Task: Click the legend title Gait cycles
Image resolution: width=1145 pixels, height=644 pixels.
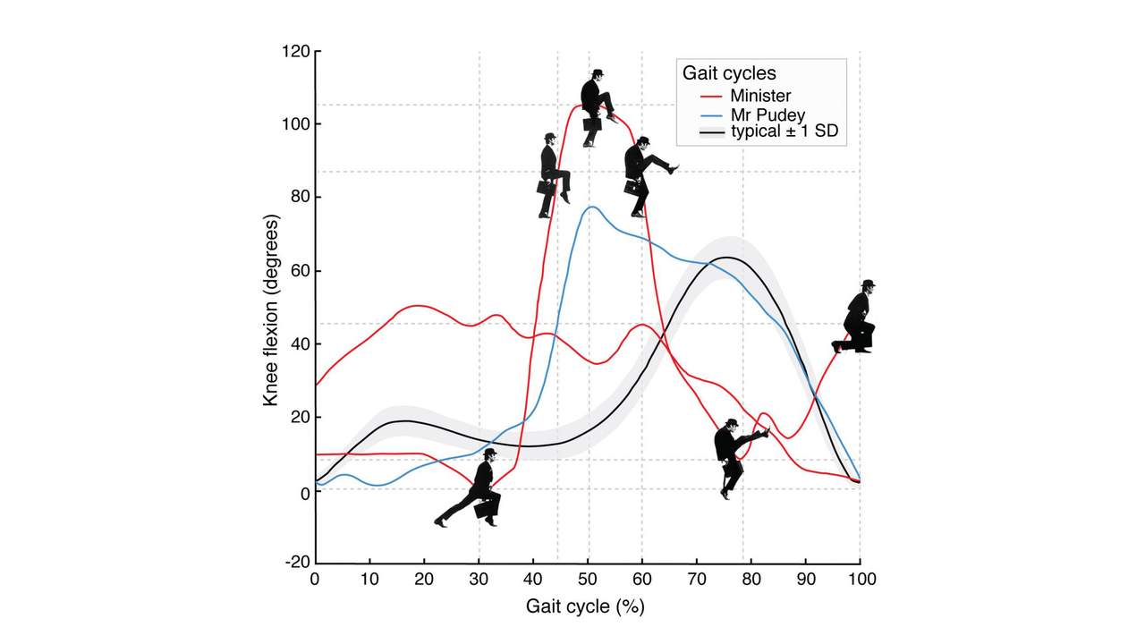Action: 729,72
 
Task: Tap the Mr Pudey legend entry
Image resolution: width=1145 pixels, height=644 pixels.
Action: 767,114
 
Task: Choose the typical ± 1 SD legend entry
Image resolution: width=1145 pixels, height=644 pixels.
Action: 783,132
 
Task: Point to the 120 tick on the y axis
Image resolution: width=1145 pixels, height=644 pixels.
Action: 298,52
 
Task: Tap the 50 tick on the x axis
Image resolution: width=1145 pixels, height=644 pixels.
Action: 587,579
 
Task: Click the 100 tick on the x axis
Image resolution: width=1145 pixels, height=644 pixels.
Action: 861,579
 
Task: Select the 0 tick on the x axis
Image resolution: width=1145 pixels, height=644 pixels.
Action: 315,579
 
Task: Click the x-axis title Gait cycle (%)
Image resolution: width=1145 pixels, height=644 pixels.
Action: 585,606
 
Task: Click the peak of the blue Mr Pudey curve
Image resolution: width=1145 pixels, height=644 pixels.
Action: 590,208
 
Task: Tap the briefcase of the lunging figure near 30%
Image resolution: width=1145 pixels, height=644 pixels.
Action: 487,508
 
